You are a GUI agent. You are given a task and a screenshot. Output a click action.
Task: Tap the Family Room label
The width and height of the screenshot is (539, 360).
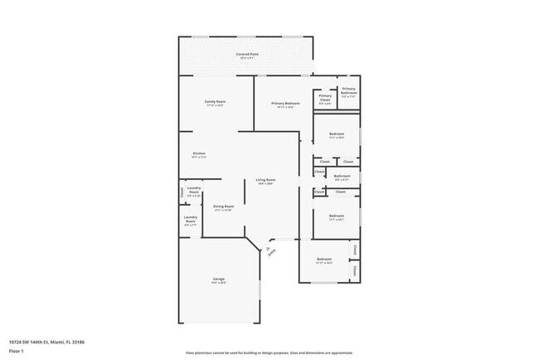click(215, 101)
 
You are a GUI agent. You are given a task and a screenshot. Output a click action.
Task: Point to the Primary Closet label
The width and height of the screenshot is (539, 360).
click(325, 97)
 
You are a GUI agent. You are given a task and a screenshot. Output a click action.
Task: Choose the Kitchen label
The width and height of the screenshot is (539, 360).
click(199, 153)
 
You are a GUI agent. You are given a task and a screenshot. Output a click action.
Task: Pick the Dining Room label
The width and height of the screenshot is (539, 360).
click(224, 206)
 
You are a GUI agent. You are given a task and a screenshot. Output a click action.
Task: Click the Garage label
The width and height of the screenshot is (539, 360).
click(219, 279)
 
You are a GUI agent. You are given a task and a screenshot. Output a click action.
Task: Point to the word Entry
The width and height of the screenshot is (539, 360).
click(271, 253)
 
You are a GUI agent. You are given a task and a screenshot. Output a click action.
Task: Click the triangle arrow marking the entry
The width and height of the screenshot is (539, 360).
click(267, 246)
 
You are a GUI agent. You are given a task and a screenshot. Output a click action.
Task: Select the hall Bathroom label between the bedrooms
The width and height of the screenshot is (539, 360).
click(342, 175)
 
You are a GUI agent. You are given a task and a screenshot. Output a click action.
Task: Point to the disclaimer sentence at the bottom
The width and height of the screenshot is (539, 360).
click(269, 352)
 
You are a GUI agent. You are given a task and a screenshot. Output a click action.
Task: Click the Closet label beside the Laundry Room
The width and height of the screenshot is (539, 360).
click(182, 192)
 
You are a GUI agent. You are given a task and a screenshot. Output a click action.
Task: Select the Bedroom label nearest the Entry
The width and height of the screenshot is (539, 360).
click(323, 259)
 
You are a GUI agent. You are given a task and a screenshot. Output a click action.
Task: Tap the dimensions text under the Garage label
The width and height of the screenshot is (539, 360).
click(219, 283)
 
